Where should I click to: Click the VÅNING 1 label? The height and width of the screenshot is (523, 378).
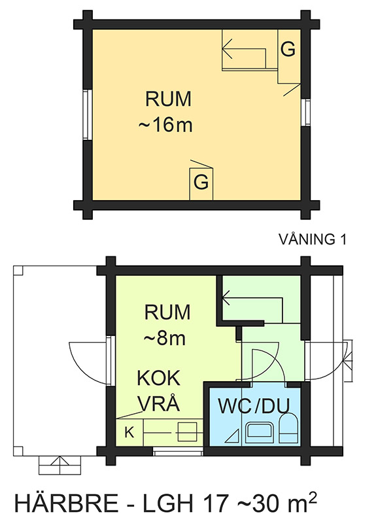pos(313,239)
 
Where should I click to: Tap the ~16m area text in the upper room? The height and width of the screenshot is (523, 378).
pos(165,125)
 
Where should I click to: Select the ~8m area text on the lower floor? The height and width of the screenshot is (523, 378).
pos(165,338)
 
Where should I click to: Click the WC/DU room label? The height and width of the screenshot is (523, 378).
pos(254,405)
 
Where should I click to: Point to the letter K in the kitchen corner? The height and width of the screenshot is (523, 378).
pos(129,433)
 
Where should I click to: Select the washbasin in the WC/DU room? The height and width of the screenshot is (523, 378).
pos(260,433)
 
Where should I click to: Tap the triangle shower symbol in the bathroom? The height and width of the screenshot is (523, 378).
pos(233,435)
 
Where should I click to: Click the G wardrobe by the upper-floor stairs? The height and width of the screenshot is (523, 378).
pos(288,50)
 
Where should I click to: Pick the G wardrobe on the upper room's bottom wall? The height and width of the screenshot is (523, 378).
pos(201,182)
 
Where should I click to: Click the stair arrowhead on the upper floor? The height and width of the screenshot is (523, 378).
pos(227,48)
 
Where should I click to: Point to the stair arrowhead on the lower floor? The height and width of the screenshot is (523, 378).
pos(226,297)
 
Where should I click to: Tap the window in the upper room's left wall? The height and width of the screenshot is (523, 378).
pos(87,115)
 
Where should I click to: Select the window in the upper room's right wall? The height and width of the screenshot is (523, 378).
pos(305,112)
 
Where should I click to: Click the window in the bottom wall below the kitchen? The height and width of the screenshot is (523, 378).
pos(178,452)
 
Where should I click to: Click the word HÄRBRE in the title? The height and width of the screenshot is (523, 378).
pos(67,503)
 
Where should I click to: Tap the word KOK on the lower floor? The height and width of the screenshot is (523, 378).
pos(159,378)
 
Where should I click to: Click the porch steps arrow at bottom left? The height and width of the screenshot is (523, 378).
pos(60,465)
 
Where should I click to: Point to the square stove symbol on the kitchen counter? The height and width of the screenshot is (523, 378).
pos(187,432)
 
